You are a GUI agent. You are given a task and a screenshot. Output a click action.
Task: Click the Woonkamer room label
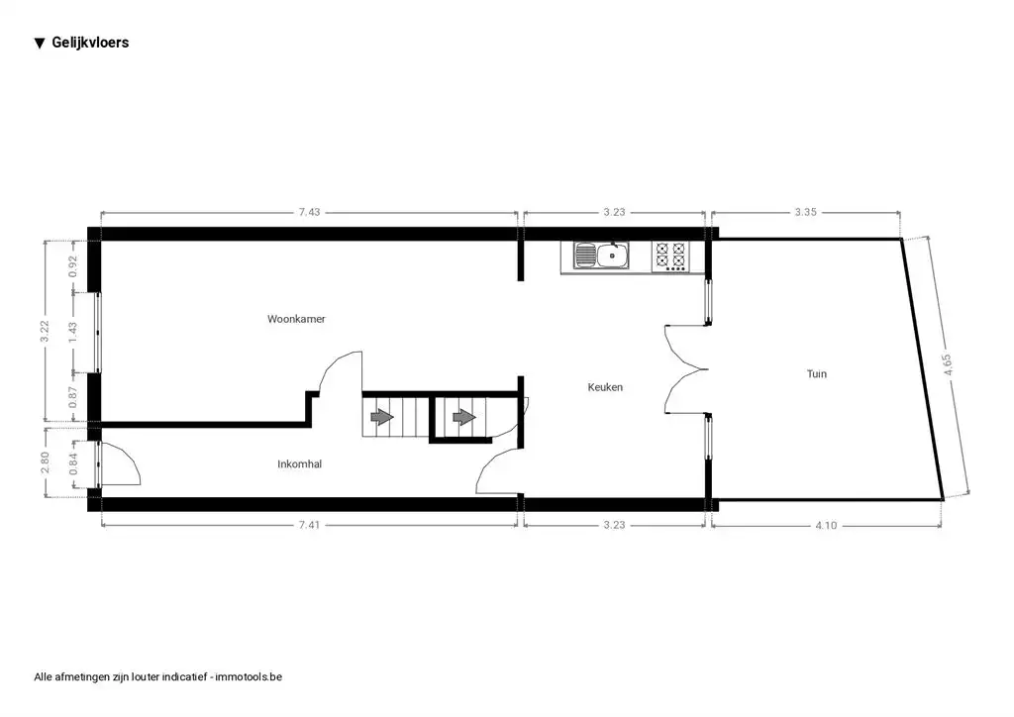tap(296, 319)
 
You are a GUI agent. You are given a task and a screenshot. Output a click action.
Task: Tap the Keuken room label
tap(605, 387)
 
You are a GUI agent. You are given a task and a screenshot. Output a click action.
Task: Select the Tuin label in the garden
tap(816, 373)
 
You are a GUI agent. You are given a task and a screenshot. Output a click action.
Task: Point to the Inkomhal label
tap(299, 463)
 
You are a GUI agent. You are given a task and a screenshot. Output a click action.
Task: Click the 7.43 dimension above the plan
tap(310, 212)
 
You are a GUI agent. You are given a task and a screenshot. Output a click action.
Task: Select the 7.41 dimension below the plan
tap(310, 526)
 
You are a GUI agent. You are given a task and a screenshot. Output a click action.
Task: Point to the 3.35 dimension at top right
tap(805, 212)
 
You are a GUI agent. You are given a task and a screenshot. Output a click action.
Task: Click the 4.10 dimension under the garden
tap(825, 526)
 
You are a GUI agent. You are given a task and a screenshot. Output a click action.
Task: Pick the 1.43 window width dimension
tap(72, 333)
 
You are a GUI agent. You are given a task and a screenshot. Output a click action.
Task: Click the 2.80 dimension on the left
tap(46, 463)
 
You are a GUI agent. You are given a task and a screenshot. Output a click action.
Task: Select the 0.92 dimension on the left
tap(72, 266)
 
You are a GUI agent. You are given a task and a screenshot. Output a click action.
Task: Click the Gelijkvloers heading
tap(90, 43)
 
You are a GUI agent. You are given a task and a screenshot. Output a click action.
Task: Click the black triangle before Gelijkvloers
tap(40, 43)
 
